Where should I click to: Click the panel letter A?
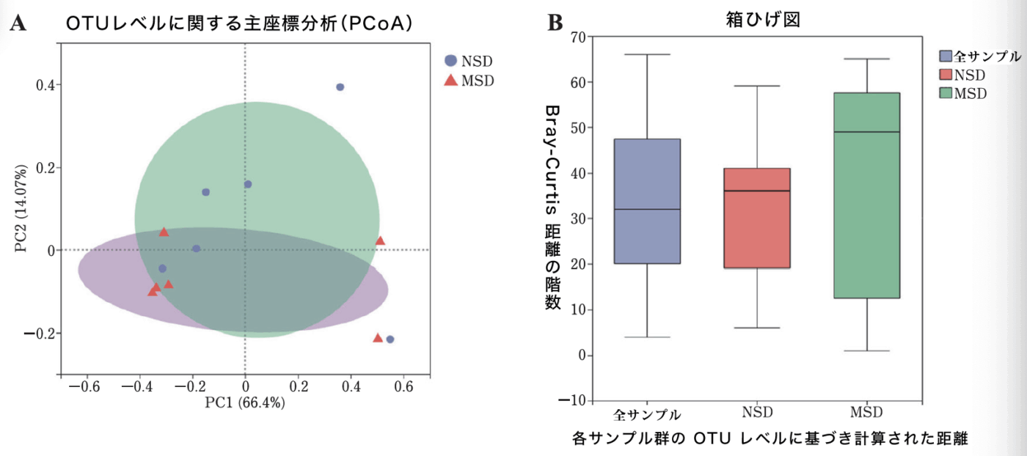(x=18, y=23)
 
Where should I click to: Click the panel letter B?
(x=555, y=23)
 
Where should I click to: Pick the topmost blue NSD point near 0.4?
(x=340, y=87)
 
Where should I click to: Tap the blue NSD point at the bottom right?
(x=390, y=339)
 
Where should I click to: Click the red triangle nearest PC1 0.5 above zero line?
(x=380, y=240)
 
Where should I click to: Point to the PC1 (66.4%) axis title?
(x=244, y=402)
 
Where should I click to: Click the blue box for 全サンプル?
(x=647, y=201)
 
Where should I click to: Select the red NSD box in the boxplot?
(x=757, y=218)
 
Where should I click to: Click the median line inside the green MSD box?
(x=867, y=132)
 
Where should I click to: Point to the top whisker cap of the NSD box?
(x=757, y=86)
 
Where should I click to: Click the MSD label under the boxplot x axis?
(x=867, y=411)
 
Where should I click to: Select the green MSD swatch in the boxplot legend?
(x=946, y=93)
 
